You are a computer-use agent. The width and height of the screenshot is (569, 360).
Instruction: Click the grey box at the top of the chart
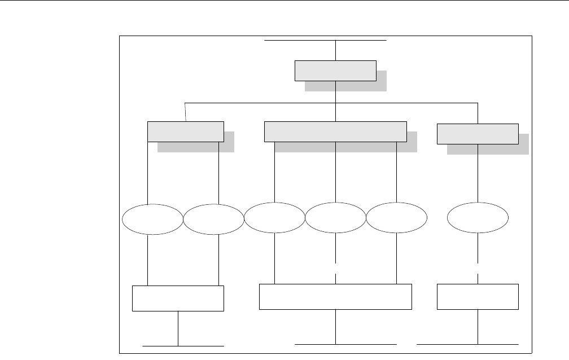pyautogui.click(x=335, y=71)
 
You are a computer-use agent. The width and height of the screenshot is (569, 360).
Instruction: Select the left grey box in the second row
pyautogui.click(x=185, y=131)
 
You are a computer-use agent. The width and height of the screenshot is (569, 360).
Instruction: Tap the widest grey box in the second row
pyautogui.click(x=335, y=131)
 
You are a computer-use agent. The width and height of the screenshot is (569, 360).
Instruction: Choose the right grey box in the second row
pyautogui.click(x=478, y=133)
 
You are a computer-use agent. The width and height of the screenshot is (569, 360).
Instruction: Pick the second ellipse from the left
pyautogui.click(x=213, y=219)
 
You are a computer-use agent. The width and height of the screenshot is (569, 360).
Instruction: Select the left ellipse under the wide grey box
pyautogui.click(x=274, y=218)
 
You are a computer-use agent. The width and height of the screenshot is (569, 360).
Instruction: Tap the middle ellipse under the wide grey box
pyautogui.click(x=335, y=218)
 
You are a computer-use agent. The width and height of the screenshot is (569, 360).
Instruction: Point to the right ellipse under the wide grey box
pyautogui.click(x=396, y=218)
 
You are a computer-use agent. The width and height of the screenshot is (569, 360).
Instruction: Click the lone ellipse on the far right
pyautogui.click(x=478, y=218)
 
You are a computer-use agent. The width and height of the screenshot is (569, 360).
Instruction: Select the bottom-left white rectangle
pyautogui.click(x=178, y=298)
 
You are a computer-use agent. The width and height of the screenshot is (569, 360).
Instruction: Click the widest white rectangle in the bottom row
pyautogui.click(x=335, y=297)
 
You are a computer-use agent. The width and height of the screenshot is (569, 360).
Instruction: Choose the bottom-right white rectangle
pyautogui.click(x=478, y=297)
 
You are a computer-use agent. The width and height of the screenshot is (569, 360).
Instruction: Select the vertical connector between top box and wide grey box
pyautogui.click(x=336, y=112)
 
